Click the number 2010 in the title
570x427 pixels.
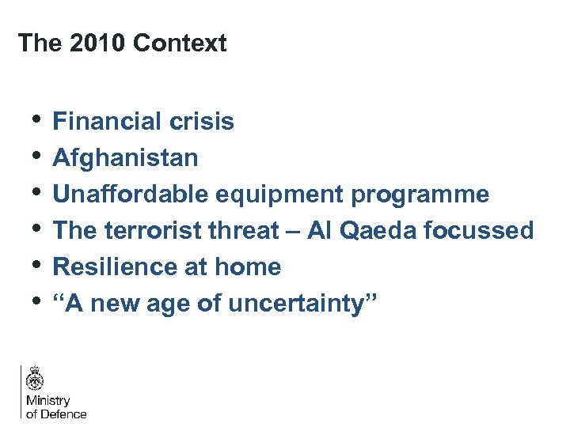[97, 43]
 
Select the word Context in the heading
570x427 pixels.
[180, 43]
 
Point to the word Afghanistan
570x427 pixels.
[125, 158]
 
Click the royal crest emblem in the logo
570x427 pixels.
[35, 379]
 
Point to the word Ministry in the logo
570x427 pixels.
[48, 401]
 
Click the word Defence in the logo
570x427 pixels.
[63, 414]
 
